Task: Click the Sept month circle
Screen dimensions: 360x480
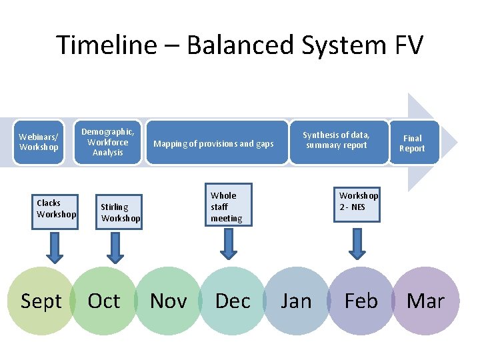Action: tap(41, 301)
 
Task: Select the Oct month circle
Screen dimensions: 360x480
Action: tap(104, 301)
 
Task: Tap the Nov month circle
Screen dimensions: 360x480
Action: tap(168, 301)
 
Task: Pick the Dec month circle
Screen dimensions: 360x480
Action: tap(233, 301)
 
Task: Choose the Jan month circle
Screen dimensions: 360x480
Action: tap(296, 301)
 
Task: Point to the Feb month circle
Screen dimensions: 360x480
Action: tap(361, 301)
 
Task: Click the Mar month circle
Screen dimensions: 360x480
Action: tap(425, 301)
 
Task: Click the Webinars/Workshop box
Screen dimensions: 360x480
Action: tap(39, 142)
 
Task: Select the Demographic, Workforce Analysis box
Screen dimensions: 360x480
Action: tap(107, 142)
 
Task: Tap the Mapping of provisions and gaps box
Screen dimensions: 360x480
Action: tap(213, 143)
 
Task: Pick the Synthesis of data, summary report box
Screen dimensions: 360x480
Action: tap(337, 141)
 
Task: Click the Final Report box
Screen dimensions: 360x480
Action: tap(412, 143)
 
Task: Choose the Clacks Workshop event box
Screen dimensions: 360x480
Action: tap(56, 209)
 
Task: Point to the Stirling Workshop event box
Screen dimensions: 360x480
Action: tap(120, 212)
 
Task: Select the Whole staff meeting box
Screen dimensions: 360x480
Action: tap(229, 206)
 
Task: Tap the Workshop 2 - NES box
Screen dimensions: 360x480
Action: tap(358, 201)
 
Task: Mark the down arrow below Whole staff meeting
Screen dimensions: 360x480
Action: tap(229, 245)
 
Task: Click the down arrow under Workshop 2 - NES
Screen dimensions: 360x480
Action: tap(357, 245)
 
